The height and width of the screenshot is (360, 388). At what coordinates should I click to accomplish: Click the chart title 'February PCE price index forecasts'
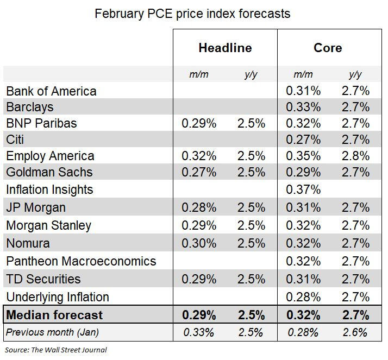(x=192, y=14)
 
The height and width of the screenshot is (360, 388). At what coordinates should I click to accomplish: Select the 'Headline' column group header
(x=225, y=48)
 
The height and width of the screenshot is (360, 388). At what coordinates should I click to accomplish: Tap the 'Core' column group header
(x=328, y=48)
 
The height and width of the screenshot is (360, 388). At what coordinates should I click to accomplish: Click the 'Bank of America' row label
(x=51, y=91)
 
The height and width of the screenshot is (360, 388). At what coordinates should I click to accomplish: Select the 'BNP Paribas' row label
(x=41, y=123)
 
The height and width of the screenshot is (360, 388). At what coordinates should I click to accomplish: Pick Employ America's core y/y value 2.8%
(x=356, y=156)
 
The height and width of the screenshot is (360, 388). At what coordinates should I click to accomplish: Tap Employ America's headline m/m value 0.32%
(x=199, y=156)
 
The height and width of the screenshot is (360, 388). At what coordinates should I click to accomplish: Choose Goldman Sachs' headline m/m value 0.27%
(x=199, y=172)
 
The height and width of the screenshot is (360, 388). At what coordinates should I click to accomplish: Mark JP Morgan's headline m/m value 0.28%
(x=199, y=207)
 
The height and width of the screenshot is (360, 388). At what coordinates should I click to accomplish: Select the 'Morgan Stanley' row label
(x=48, y=225)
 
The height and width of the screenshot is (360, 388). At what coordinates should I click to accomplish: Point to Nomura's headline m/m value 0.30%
(x=199, y=243)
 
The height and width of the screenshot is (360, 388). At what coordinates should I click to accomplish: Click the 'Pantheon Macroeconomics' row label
(x=81, y=261)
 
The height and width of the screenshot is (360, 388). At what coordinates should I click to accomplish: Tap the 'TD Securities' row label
(x=43, y=279)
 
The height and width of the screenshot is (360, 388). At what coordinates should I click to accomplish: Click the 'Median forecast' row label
(x=54, y=315)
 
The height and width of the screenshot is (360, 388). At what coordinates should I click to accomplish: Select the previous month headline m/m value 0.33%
(x=199, y=332)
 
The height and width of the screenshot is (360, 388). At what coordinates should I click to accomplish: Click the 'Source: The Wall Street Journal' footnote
(x=56, y=350)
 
